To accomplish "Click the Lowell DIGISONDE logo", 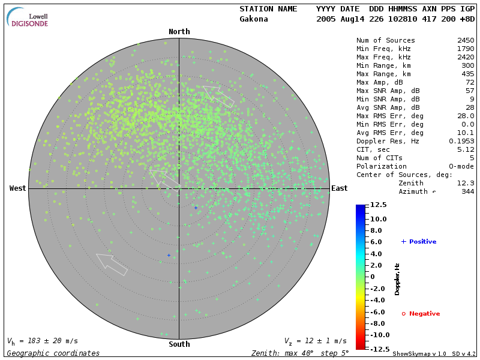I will (28, 17).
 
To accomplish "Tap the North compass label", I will (179, 32).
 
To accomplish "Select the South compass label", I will (179, 344).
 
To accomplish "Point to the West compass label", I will (18, 188).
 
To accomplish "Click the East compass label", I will (340, 188).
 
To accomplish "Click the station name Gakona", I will (254, 19).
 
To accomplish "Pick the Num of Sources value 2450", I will (466, 41).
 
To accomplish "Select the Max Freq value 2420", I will (466, 58).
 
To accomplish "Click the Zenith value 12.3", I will (466, 183).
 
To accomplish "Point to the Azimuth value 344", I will (467, 191).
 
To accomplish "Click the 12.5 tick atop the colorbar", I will (378, 205).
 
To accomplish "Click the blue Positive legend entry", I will (419, 242).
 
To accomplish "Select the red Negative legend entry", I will (421, 314).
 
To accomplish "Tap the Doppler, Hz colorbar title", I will (397, 278).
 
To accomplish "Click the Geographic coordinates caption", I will (53, 353).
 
